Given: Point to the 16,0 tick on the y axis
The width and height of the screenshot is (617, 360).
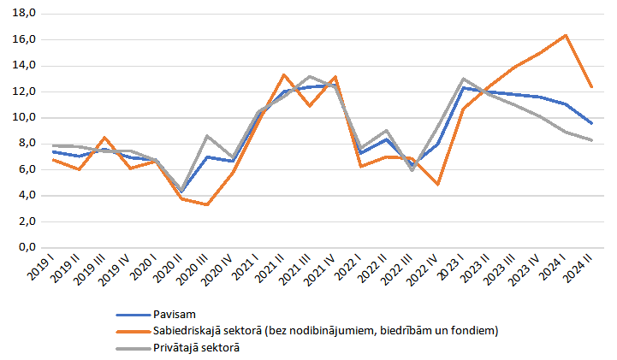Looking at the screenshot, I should coord(23,39).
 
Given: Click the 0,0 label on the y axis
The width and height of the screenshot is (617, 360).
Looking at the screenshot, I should coord(26,247).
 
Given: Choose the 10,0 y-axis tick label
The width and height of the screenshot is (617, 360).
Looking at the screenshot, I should coord(23,117).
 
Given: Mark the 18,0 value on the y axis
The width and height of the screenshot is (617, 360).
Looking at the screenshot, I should coord(23,14).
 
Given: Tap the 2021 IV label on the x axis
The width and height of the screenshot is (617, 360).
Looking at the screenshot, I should coord(320,272).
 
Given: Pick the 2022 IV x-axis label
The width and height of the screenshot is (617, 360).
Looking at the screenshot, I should coord(422,272).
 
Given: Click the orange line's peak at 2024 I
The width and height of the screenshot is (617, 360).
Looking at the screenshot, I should coord(565,35).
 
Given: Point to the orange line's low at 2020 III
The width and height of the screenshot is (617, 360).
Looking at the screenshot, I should coord(207,204).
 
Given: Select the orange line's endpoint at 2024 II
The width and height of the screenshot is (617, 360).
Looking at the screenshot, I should coord(590,86).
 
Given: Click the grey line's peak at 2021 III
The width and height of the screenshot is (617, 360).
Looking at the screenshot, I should coord(310,76).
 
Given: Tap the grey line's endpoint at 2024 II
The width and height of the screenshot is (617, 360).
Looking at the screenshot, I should coord(590,139).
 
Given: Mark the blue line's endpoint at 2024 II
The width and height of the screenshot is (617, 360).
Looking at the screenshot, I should coord(590,123).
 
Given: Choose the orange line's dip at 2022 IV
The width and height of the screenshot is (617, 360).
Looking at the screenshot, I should coord(437,184).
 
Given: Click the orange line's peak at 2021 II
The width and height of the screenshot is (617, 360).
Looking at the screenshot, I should coord(284,74).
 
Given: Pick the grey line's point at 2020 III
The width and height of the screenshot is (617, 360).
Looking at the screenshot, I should coord(207,136).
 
